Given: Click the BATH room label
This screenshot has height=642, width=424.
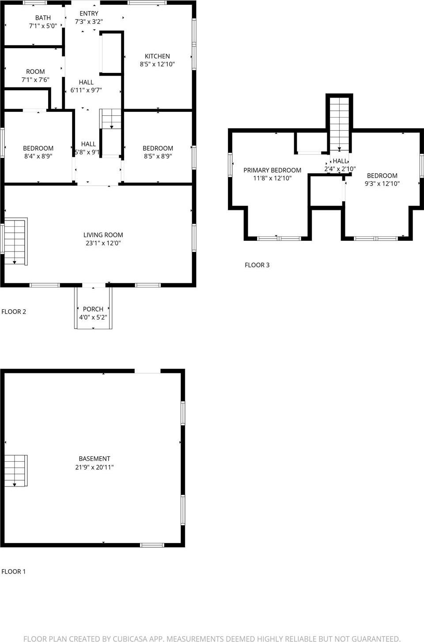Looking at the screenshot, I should click(43, 18).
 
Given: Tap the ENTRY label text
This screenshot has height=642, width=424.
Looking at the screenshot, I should click(89, 14).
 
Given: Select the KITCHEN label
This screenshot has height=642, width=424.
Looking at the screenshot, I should click(157, 56).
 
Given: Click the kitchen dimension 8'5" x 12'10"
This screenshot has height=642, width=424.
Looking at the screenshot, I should click(157, 64).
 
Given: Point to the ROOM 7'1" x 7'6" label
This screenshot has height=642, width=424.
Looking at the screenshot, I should click(35, 72).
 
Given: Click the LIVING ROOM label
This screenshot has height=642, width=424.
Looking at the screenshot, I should click(103, 235).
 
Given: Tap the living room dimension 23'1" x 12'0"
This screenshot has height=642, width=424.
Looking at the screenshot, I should click(103, 243).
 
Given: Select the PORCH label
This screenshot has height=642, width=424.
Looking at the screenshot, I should click(93, 309).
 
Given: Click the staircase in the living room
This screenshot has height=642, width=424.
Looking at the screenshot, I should click(15, 241).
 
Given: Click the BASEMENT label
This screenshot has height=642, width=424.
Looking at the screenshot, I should click(95, 459).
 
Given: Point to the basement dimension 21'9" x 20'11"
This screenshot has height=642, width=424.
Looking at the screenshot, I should click(95, 467).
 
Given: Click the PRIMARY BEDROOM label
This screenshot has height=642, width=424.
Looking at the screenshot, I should click(272, 170).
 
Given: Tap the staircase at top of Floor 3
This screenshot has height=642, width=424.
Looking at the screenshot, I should click(339, 124).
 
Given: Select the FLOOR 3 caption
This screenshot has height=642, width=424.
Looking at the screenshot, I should click(257, 265).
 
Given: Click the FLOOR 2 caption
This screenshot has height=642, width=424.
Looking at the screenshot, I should click(14, 312).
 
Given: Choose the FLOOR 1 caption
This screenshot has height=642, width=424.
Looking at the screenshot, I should click(14, 571).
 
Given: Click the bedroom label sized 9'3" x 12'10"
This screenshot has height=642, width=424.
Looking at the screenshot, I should click(382, 176).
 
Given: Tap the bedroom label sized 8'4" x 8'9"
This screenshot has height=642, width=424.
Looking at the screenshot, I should click(38, 148).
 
